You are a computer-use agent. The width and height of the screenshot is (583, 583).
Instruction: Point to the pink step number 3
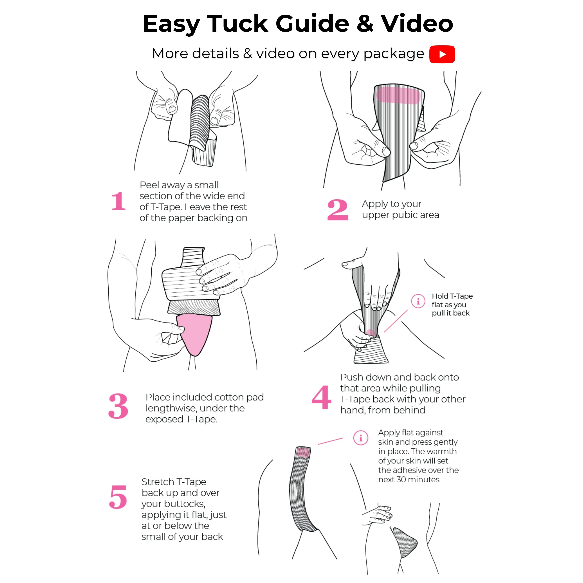(x=118, y=406)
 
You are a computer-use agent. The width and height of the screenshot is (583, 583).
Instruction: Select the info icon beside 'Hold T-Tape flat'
(x=418, y=301)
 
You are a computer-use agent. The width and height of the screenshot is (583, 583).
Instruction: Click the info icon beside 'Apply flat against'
(x=361, y=438)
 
